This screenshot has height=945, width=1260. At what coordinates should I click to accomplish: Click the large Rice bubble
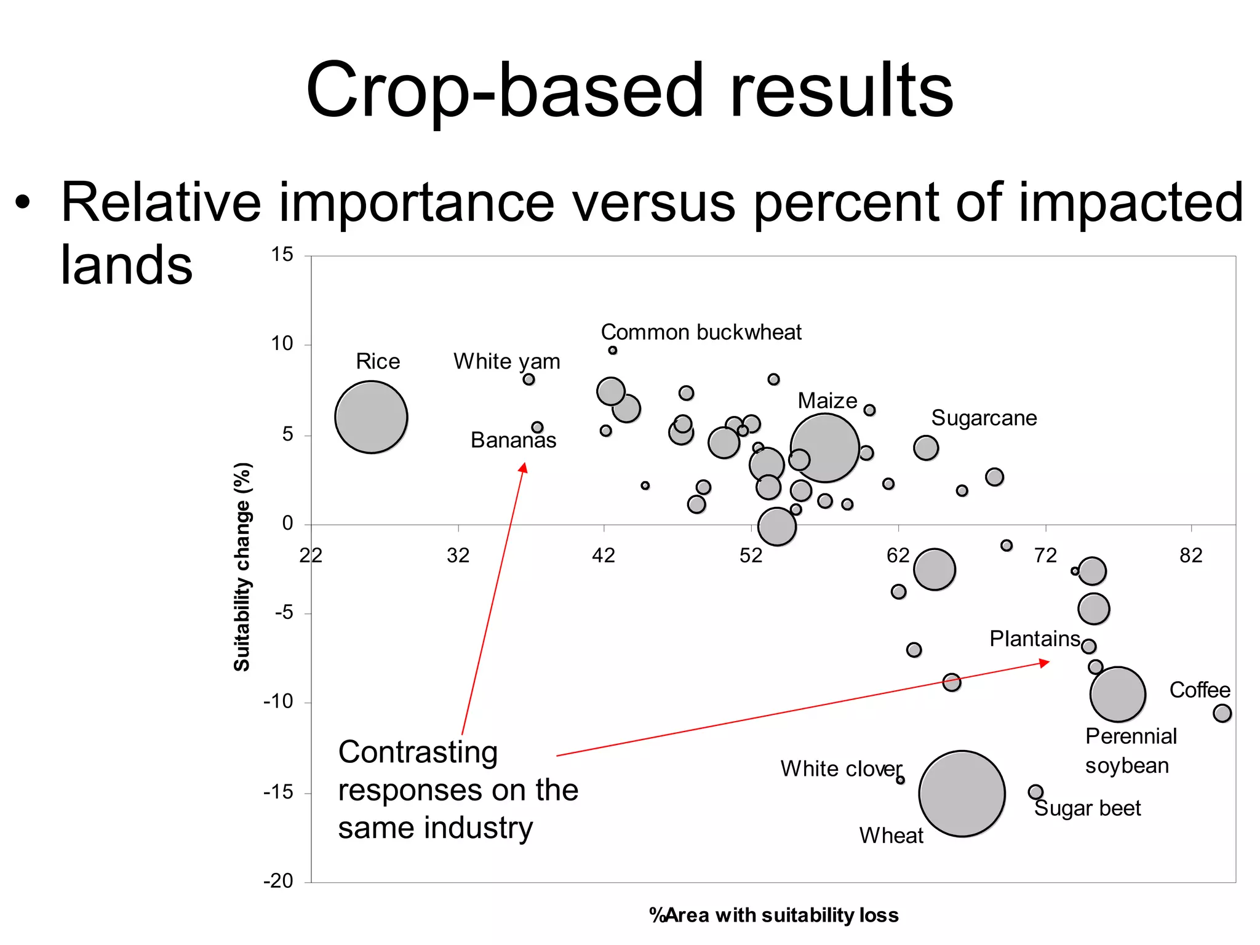click(371, 417)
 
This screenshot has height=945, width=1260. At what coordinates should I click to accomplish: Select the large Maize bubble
click(824, 448)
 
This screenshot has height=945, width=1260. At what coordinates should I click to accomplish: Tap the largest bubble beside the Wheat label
click(962, 794)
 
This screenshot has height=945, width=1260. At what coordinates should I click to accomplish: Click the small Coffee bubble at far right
click(1222, 713)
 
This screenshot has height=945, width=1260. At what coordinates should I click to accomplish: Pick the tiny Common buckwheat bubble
click(612, 350)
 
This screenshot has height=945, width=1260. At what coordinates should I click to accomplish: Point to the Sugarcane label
click(983, 418)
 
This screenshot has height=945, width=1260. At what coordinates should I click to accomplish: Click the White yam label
click(506, 361)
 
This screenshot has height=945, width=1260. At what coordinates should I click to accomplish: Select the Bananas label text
click(513, 441)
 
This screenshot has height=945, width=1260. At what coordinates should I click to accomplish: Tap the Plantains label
click(1034, 639)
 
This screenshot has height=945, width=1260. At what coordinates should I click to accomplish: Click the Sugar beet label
click(1087, 808)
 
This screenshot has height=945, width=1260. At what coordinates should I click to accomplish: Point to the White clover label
click(840, 769)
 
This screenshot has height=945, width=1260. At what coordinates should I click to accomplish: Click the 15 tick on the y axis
click(282, 255)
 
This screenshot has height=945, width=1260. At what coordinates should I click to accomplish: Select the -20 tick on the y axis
click(278, 881)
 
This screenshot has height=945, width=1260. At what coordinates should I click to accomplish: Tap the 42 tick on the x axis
click(603, 556)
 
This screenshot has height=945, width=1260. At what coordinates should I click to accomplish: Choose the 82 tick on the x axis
click(1190, 556)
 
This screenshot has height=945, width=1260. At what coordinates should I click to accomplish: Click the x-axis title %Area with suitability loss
click(773, 915)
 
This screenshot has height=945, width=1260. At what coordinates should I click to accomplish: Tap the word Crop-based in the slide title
click(504, 90)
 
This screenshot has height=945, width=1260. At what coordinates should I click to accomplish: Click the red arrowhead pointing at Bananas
click(523, 468)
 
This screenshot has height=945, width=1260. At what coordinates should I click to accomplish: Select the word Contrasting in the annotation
click(418, 752)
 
